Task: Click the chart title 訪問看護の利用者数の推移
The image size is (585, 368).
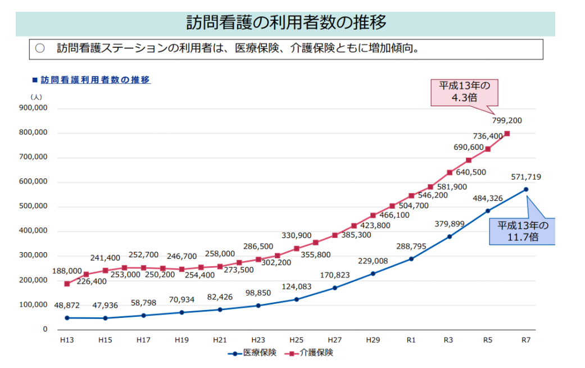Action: pos(286,23)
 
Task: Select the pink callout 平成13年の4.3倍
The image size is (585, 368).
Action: pos(464,92)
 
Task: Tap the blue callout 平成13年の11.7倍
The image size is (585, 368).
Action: pos(521,231)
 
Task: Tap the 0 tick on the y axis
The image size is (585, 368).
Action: pos(45,329)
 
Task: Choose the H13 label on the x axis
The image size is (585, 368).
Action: pos(67,340)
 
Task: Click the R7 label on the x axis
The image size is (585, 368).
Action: pos(526,340)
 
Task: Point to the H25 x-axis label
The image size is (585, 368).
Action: pos(296,340)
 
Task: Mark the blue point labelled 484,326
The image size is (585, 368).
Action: pos(488,211)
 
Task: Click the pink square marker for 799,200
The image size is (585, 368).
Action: pos(507,133)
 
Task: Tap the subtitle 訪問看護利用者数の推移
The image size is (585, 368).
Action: pos(95,80)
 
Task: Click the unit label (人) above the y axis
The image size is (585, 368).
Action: pos(35,97)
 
